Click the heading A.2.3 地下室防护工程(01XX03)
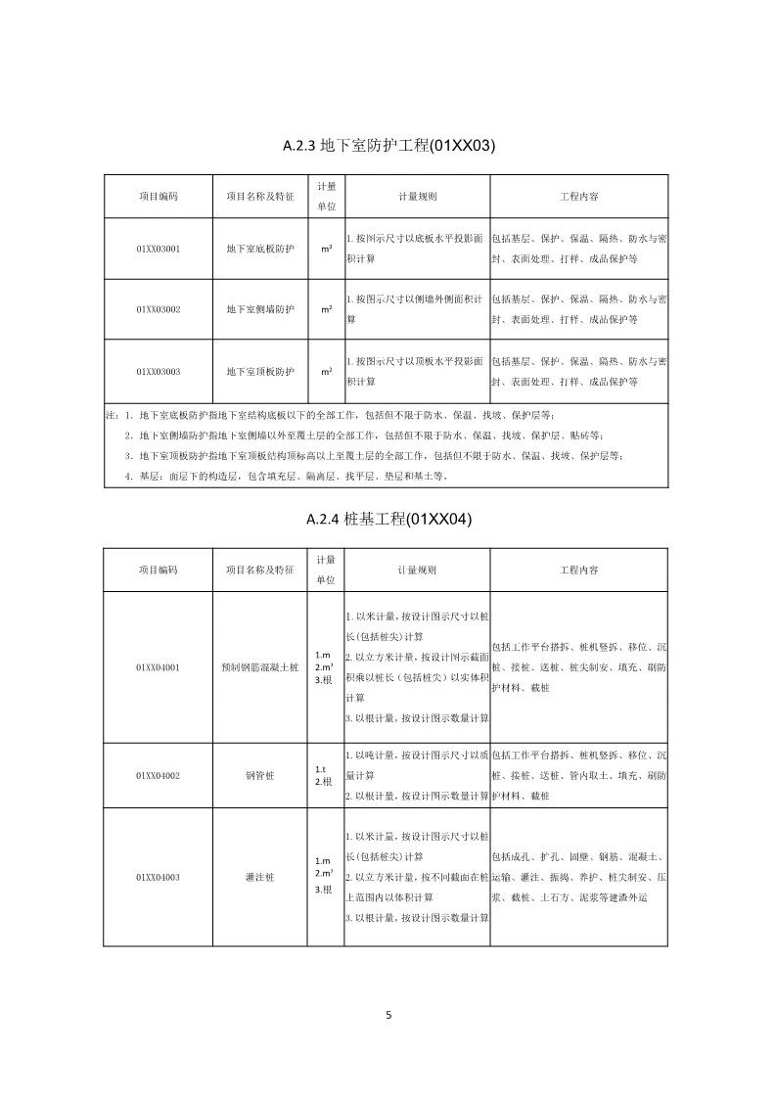tap(388, 147)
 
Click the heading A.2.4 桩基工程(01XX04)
tap(388, 520)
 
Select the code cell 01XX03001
tap(158, 249)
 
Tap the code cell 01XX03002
tap(158, 309)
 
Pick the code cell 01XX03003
tap(158, 372)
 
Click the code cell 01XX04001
tap(158, 667)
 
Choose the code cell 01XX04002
tap(158, 775)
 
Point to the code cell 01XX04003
tap(158, 878)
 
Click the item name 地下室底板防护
tap(259, 249)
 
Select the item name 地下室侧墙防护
tap(259, 309)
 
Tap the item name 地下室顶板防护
tap(259, 372)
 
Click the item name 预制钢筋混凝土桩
tap(259, 667)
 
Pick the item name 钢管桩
tap(259, 775)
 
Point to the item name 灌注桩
tap(259, 878)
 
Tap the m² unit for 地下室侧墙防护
tap(326, 309)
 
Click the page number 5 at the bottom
tap(388, 1015)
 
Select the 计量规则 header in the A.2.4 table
tap(417, 569)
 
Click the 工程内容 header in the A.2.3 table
tap(579, 197)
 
